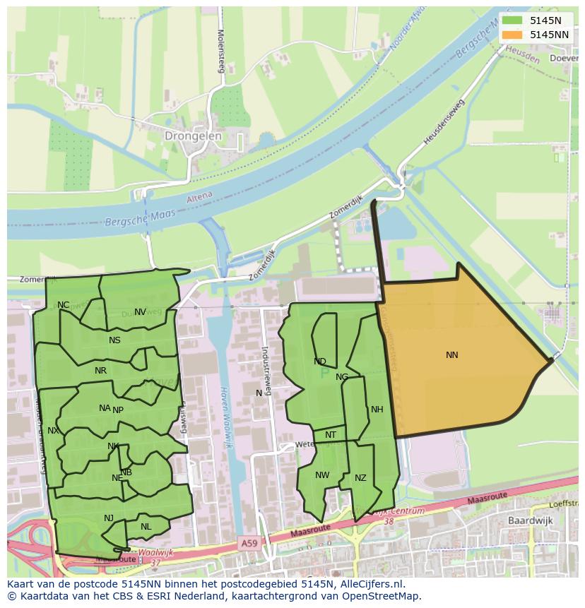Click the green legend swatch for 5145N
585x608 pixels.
click(x=512, y=20)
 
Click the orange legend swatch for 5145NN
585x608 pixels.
click(x=512, y=35)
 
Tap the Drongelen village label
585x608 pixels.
click(x=193, y=136)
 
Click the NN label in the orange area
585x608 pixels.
click(x=452, y=355)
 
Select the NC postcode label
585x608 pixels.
click(x=64, y=305)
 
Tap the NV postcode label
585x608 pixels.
click(x=140, y=312)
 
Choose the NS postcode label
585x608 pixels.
click(x=114, y=340)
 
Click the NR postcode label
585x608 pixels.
click(x=100, y=371)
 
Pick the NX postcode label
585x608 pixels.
click(x=53, y=431)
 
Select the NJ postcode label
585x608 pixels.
click(x=109, y=518)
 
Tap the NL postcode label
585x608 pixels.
click(x=146, y=527)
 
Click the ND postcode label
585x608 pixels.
click(x=320, y=362)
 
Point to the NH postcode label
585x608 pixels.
click(x=377, y=410)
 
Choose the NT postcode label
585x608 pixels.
click(x=331, y=435)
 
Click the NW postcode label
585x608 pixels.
click(x=322, y=475)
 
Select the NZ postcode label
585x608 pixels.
click(x=360, y=478)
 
